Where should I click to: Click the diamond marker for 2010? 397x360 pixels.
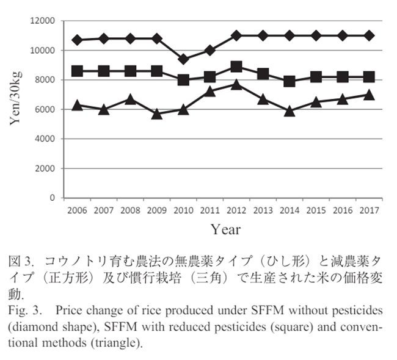pyautogui.click(x=183, y=59)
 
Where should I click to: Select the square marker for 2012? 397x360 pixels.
pyautogui.click(x=236, y=67)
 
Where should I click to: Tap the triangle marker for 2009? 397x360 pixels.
pyautogui.click(x=157, y=113)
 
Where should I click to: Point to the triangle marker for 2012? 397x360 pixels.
pyautogui.click(x=236, y=84)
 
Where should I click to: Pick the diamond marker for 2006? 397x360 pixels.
pyautogui.click(x=77, y=40)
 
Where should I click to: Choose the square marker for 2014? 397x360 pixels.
pyautogui.click(x=290, y=81)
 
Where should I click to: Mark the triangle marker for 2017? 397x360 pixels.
pyautogui.click(x=369, y=95)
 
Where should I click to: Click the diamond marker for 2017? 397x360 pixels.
pyautogui.click(x=369, y=35)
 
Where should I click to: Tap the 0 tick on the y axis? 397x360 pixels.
pyautogui.click(x=53, y=198)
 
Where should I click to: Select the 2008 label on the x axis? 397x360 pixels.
pyautogui.click(x=130, y=210)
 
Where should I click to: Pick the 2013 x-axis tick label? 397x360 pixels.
pyautogui.click(x=263, y=210)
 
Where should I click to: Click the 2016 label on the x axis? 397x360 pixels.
pyautogui.click(x=343, y=210)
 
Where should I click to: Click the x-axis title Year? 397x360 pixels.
pyautogui.click(x=225, y=230)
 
